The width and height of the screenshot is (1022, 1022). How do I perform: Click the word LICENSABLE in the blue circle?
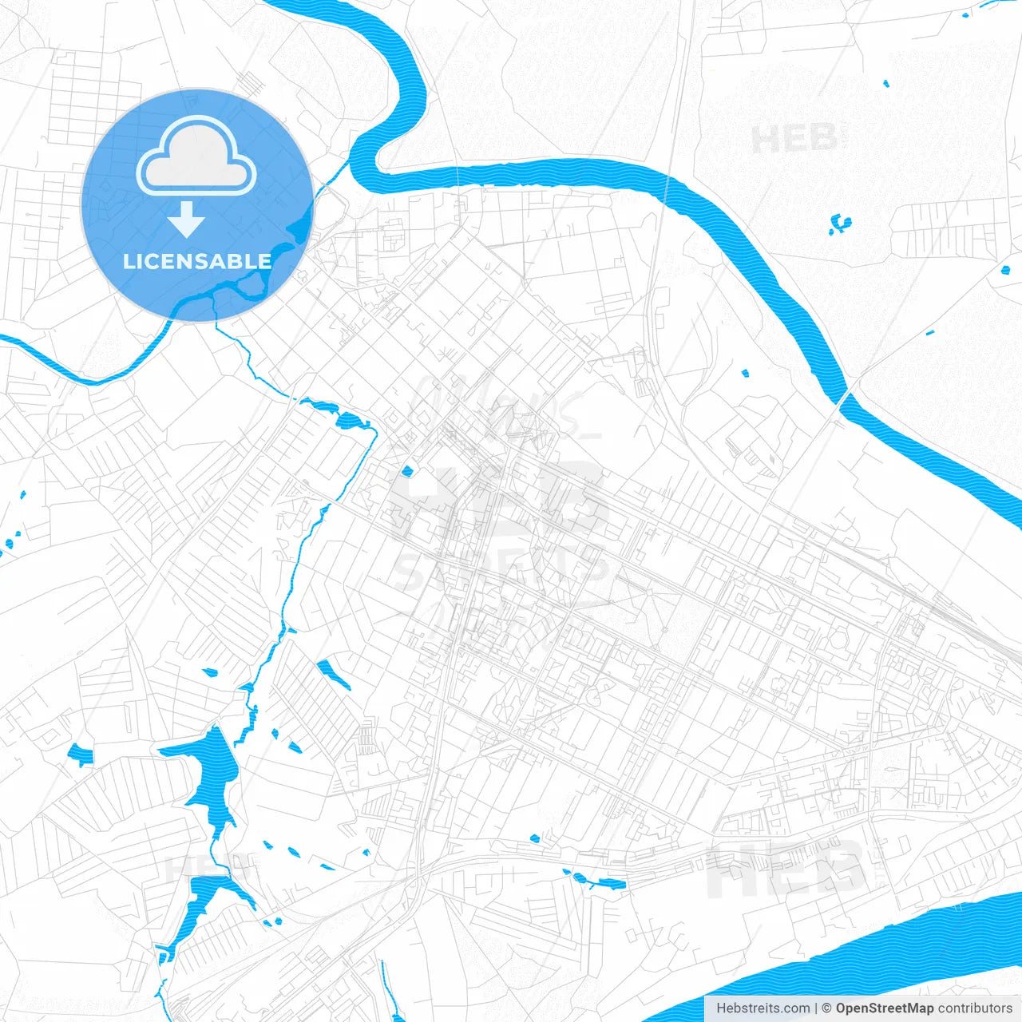point(197,261)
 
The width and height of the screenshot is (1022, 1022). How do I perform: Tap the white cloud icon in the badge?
point(196,157)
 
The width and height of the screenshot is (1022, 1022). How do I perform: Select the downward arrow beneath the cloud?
point(187,220)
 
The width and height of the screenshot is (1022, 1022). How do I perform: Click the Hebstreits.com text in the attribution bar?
point(763,1008)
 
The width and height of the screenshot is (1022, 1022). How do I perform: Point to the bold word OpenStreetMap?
point(885,1008)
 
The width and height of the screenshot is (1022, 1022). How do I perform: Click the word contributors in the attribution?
point(975,1008)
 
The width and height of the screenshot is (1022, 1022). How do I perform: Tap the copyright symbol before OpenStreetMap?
point(826,1008)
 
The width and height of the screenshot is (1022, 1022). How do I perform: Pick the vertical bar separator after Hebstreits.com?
point(815,1008)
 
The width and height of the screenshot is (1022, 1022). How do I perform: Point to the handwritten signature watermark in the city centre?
point(495,407)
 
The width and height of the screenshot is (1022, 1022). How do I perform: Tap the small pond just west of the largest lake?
point(81,753)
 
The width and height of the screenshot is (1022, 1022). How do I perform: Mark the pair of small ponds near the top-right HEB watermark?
point(840,224)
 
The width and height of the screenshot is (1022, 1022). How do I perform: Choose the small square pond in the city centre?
point(407,471)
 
